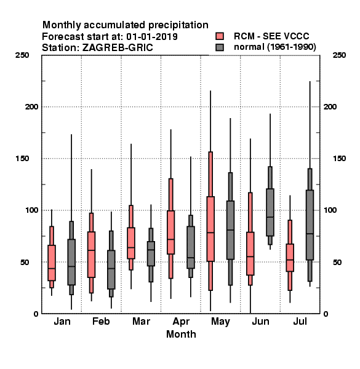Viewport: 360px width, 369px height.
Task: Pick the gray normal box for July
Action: pos(310,225)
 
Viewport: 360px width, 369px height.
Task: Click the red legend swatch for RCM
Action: pos(220,36)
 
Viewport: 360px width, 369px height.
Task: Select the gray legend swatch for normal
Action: pos(220,47)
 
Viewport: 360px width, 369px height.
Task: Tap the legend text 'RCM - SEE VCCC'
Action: pos(271,36)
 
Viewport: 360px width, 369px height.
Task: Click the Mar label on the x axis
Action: pos(141,321)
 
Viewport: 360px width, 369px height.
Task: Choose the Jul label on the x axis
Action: pos(300,321)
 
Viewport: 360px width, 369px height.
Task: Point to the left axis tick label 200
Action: pos(31,106)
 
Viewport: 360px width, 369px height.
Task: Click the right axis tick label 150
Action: pos(340,159)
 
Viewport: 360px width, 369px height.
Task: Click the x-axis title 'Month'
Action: pos(181,334)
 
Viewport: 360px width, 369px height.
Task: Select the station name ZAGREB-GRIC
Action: pos(118,48)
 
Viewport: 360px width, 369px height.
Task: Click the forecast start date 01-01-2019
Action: pos(152,37)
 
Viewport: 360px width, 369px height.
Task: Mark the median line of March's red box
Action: pos(131,248)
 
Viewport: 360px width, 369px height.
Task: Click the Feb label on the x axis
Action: pos(101,321)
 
